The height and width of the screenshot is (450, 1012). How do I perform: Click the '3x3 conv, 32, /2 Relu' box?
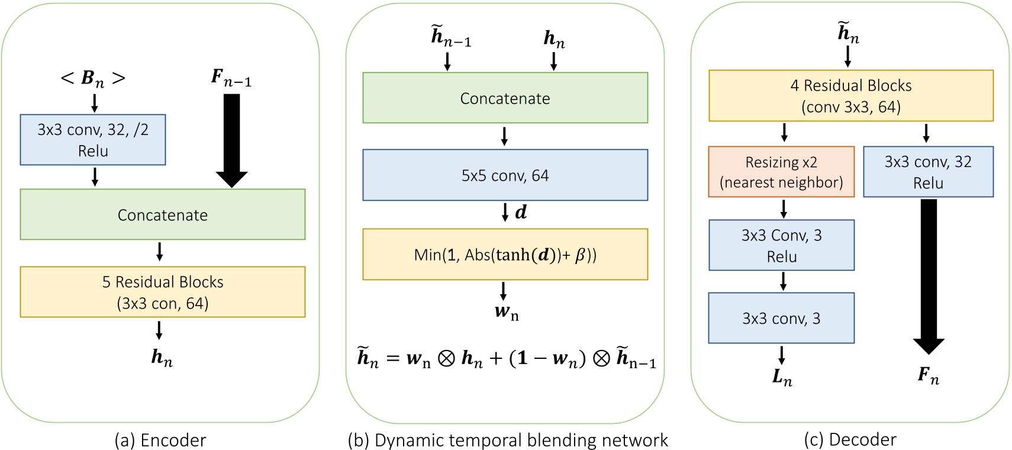point(93,140)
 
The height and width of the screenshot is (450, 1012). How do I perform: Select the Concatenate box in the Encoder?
point(163,214)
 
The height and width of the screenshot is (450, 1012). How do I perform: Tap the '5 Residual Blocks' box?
point(163,292)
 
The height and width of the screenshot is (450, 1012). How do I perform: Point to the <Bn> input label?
point(93,78)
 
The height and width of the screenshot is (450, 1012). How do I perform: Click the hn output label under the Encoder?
point(162,358)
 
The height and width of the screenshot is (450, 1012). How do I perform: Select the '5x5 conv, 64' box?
point(505,175)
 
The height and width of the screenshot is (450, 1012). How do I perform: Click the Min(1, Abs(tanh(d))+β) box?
point(505,255)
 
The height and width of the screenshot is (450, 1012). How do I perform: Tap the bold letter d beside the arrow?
point(521,213)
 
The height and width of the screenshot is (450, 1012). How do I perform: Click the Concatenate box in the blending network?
point(505,98)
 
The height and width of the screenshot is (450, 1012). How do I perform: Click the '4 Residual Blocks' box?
point(850,96)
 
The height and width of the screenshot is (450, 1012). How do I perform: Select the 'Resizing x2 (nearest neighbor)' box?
point(781,172)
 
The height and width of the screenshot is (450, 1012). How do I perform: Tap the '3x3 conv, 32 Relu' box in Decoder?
point(928,172)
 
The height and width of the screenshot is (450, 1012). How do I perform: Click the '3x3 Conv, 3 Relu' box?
point(781,245)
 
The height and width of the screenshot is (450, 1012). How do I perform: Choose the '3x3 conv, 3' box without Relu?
point(781,318)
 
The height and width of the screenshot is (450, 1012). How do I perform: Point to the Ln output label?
point(782,377)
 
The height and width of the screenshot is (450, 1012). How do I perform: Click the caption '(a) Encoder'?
point(160,440)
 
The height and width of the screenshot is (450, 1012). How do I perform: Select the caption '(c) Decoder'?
point(850,439)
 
